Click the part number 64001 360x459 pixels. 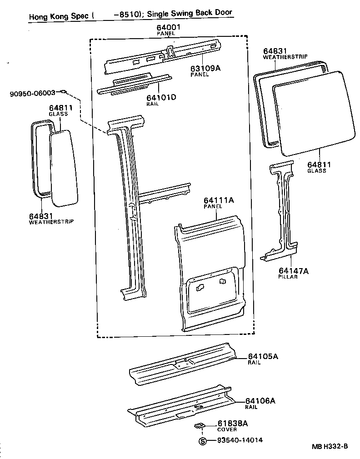[169, 28]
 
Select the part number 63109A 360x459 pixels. [205, 68]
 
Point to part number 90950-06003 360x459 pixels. [32, 93]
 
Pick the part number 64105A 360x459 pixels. [263, 356]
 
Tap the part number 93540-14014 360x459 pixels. [240, 440]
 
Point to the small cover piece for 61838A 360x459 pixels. [199, 425]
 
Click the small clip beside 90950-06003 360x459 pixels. [64, 92]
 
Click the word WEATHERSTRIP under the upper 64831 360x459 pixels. [285, 57]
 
